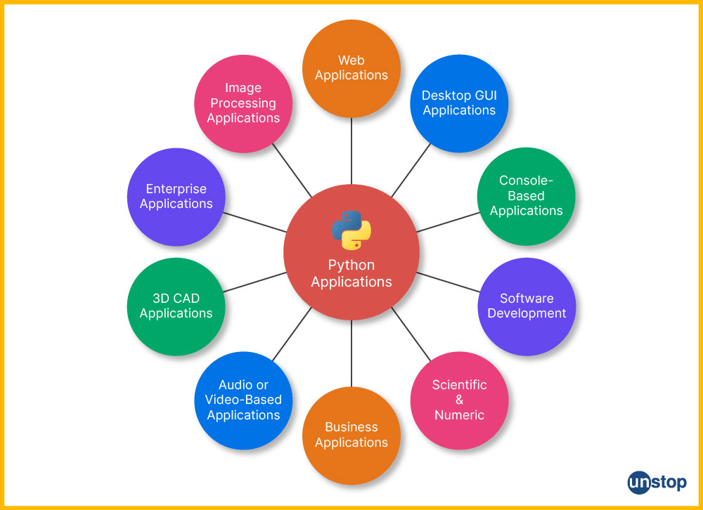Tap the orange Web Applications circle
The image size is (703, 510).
click(351, 68)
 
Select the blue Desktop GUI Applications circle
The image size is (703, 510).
click(459, 103)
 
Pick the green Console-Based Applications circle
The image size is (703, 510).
click(526, 196)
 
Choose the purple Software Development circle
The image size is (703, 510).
click(527, 306)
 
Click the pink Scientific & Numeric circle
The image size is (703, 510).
click(459, 400)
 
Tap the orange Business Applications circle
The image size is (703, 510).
click(351, 435)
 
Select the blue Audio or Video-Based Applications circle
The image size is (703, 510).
click(243, 400)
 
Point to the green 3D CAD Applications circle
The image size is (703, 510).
click(176, 306)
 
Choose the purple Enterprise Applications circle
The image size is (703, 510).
click(176, 197)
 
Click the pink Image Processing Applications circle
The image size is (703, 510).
click(243, 103)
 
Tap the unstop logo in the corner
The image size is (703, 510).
click(657, 483)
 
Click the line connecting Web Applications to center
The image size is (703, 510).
click(351, 151)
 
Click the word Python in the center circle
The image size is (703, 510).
click(351, 266)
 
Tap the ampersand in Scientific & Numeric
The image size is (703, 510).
click(459, 400)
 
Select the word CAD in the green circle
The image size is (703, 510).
click(186, 299)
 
